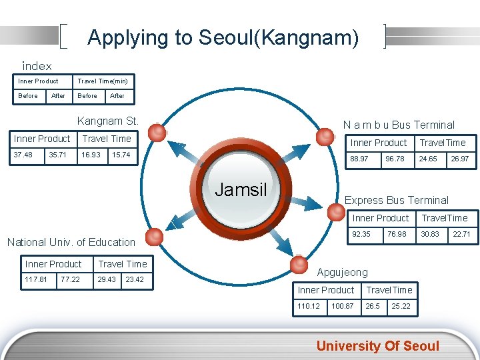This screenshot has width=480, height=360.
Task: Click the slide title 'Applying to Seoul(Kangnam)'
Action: pos(223,37)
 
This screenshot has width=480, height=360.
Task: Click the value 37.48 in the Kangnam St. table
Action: pos(23,155)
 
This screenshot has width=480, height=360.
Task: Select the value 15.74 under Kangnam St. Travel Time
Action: pos(121,155)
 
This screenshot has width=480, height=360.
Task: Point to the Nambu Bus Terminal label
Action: pos(398,125)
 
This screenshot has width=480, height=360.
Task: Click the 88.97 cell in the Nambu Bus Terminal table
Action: pos(360,159)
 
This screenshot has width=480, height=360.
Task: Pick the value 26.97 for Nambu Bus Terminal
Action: pos(460,159)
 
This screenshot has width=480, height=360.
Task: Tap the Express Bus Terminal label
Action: pos(396,200)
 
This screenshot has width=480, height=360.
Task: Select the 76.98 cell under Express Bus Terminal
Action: pos(396,234)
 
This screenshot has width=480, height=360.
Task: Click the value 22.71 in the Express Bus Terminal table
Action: pos(461,234)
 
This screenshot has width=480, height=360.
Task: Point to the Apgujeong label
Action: pos(342,273)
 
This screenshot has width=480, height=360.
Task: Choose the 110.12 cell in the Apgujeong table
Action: pos(309,306)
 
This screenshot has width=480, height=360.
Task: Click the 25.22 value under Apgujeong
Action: pos(401,306)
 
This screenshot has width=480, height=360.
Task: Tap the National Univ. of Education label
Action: pos(71,242)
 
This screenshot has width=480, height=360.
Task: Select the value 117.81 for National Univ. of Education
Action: pos(36,279)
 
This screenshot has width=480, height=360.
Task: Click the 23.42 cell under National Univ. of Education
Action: pos(135,279)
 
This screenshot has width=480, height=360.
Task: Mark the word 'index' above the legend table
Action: pos(37,66)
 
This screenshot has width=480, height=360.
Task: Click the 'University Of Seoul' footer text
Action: pos(377,345)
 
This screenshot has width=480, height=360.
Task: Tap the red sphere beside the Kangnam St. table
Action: pos(157,133)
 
